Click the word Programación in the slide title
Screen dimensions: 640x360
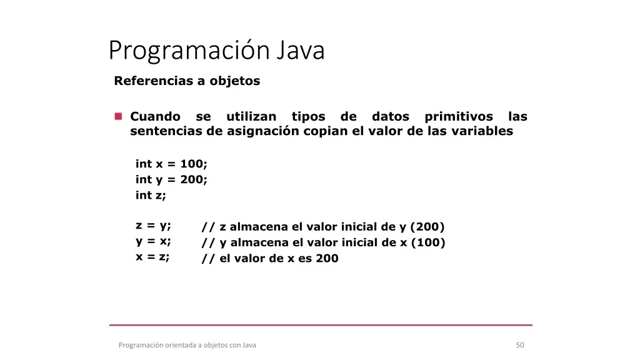click(189, 51)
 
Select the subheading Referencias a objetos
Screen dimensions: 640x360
click(187, 81)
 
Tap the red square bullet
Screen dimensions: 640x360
click(118, 116)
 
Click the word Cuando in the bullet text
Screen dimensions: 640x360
click(155, 116)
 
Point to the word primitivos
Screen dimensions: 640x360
click(459, 117)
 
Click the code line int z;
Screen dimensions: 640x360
click(151, 195)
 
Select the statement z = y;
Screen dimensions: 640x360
click(153, 226)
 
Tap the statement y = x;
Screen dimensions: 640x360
click(153, 241)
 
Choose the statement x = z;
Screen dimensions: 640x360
click(152, 257)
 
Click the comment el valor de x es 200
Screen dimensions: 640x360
click(279, 258)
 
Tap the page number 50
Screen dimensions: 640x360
click(520, 345)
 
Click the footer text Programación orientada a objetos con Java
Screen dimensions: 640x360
click(187, 345)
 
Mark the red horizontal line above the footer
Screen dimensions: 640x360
click(321, 325)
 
